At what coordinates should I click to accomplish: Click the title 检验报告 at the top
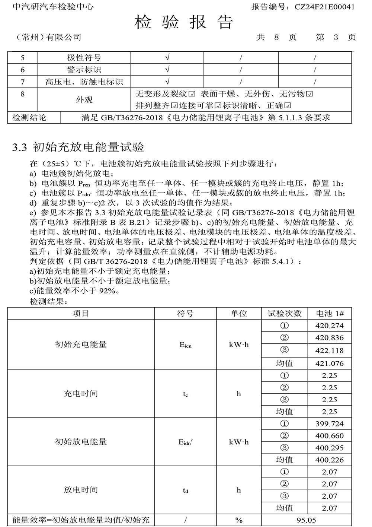pos(184,22)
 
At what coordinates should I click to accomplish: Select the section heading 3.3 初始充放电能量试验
pos(78,147)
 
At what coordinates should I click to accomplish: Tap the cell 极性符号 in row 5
pos(84,58)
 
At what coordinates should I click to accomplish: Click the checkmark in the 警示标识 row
pos(167,70)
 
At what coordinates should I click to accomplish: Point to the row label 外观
pos(84,100)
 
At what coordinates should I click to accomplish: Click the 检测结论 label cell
pos(29,118)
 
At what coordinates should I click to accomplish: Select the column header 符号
pos(185,314)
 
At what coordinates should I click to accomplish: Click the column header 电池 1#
pos(330,314)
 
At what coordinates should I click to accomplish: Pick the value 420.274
pos(330,326)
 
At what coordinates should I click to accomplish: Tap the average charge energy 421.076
pos(330,363)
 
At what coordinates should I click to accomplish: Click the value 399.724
pos(330,424)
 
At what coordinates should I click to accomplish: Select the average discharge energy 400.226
pos(330,460)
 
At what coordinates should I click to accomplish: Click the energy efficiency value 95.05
pos(307,520)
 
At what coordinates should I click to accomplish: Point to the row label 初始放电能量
pos(81,442)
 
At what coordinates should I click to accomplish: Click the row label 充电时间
pos(81,394)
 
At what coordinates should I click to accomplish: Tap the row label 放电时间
pos(81,490)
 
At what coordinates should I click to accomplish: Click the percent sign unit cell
pos(239,520)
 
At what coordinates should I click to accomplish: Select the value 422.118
pos(330,350)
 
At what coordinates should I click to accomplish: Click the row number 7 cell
pos(23,82)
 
